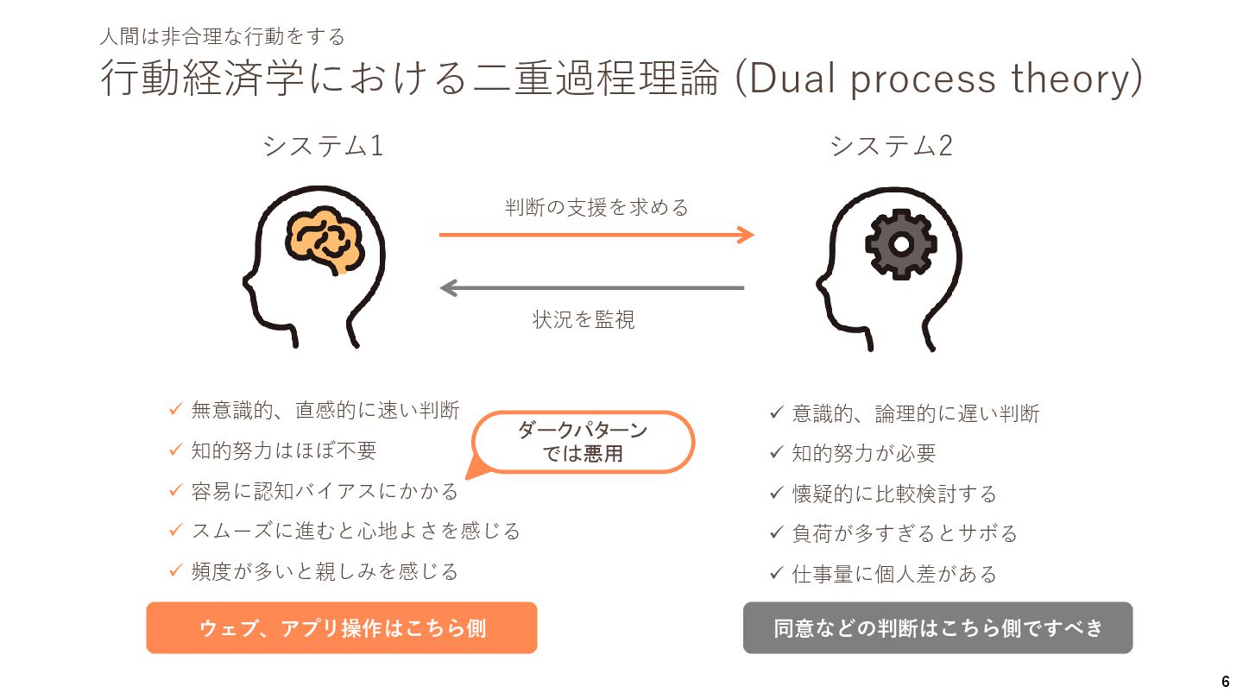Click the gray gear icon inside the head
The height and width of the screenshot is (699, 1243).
pyautogui.click(x=900, y=244)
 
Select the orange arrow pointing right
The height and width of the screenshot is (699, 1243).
pyautogui.click(x=596, y=234)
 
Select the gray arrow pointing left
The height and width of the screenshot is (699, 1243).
pyautogui.click(x=592, y=287)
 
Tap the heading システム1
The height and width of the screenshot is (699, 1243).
pyautogui.click(x=323, y=147)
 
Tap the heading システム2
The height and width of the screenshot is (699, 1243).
pyautogui.click(x=891, y=147)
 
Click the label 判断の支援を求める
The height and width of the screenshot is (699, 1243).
pyautogui.click(x=596, y=207)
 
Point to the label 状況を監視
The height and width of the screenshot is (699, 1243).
pyautogui.click(x=584, y=320)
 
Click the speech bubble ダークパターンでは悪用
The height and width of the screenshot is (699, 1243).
pyautogui.click(x=583, y=441)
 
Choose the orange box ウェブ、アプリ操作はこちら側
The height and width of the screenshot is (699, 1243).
pyautogui.click(x=342, y=627)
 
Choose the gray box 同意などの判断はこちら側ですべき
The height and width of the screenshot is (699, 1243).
pyautogui.click(x=937, y=627)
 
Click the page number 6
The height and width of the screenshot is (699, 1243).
pyautogui.click(x=1226, y=680)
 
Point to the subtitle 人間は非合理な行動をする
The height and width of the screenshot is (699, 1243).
pyautogui.click(x=223, y=36)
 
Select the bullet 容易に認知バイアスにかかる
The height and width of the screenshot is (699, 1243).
pyautogui.click(x=325, y=491)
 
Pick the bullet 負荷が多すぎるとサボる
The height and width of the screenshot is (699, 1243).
pyautogui.click(x=905, y=532)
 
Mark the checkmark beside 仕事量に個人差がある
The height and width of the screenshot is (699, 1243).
pyautogui.click(x=776, y=572)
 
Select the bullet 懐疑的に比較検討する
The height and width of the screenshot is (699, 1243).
pyautogui.click(x=894, y=493)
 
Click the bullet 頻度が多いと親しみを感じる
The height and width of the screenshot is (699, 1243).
pyautogui.click(x=325, y=570)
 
